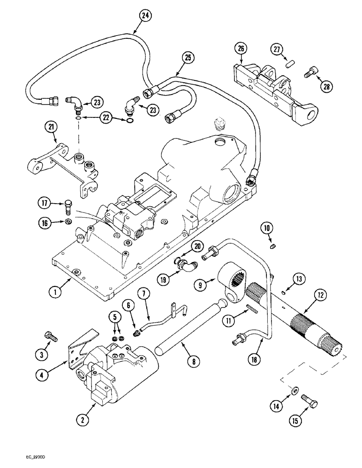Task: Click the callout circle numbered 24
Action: point(146,15)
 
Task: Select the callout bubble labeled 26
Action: point(240,48)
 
